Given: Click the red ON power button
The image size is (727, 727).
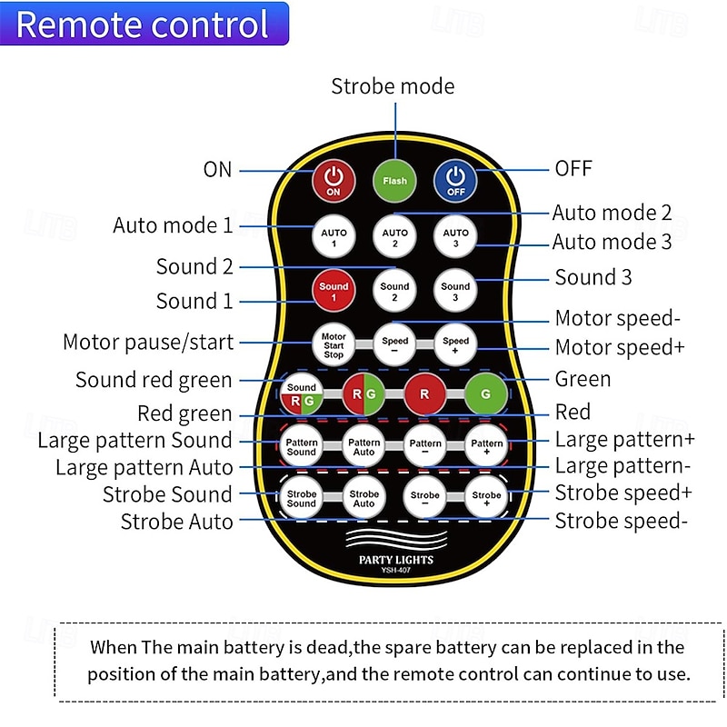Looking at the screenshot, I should point(334,179).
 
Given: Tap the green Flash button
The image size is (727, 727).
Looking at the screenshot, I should point(394,179).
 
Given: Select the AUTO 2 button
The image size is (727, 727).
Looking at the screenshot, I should point(394,238).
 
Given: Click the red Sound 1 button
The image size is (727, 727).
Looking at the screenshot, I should point(334,292).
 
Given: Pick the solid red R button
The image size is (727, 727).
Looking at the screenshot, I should point(424,395).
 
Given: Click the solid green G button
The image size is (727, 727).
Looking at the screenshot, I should point(485,395).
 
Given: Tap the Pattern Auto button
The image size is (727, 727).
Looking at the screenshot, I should point(363,446).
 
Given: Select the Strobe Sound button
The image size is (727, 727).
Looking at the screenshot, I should point(302,499).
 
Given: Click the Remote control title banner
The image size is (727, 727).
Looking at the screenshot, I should point(144,25).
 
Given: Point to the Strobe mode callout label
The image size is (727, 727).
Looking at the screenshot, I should point(393,86).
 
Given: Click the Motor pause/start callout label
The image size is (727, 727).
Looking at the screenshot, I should point(148,343).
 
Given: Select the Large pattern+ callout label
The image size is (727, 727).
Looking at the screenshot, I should point(624,440).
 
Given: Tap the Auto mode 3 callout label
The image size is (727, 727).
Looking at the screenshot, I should point(612,242).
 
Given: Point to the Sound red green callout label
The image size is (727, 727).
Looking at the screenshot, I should point(154,380).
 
